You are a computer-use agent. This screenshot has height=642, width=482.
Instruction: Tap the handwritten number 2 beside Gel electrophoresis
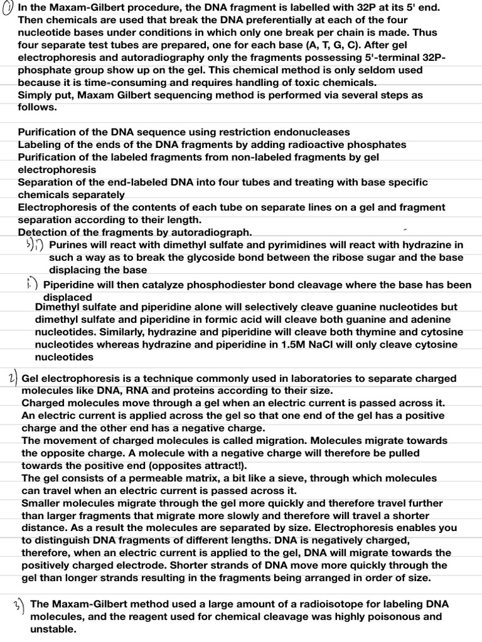tap(13, 378)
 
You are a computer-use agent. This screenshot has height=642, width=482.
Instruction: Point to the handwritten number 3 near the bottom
tap(19, 606)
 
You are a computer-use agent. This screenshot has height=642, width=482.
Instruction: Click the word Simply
tap(36, 95)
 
